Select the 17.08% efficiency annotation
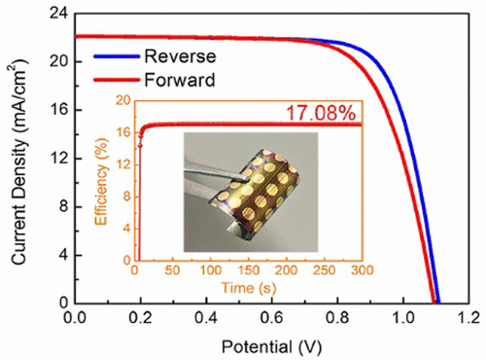[x=323, y=113]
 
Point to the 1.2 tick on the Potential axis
[x=468, y=318]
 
